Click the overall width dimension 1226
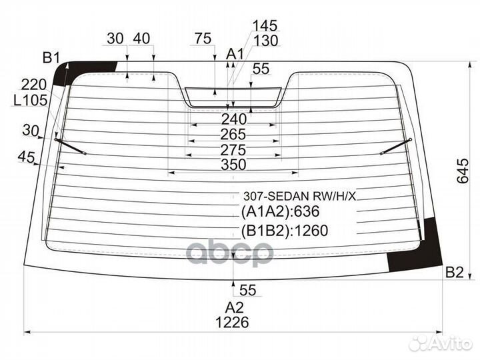point(232,322)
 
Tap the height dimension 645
point(462,171)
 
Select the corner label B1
point(52,57)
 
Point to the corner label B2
point(455,272)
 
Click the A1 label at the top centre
point(235,55)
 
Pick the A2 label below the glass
point(235,307)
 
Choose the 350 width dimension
point(233,165)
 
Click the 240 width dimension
point(234,119)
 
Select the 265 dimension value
point(233,135)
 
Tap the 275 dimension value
point(233,150)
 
